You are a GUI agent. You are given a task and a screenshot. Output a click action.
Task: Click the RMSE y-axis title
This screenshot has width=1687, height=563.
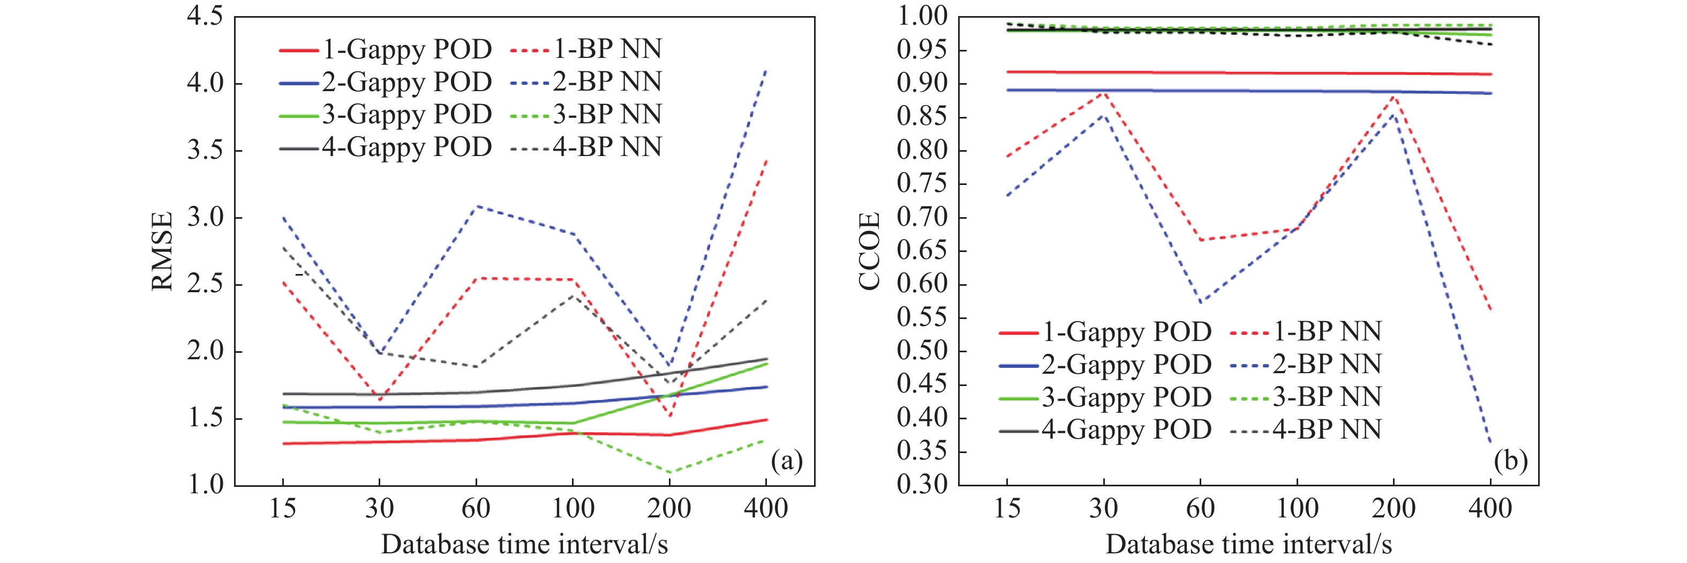pyautogui.click(x=162, y=251)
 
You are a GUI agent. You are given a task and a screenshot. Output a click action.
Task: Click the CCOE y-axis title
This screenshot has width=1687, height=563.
pyautogui.click(x=869, y=251)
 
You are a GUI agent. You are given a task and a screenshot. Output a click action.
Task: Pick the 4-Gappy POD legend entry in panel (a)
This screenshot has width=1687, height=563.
pyautogui.click(x=386, y=147)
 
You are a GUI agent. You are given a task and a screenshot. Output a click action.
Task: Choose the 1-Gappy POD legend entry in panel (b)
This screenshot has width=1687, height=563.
pyautogui.click(x=1105, y=332)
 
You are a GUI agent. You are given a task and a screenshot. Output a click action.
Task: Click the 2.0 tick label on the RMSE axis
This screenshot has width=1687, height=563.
pyautogui.click(x=205, y=351)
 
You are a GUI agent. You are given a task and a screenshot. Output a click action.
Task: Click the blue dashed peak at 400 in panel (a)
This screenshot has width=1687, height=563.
pyautogui.click(x=766, y=70)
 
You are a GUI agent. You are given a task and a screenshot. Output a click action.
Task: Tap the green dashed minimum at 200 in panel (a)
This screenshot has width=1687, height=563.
pyautogui.click(x=670, y=472)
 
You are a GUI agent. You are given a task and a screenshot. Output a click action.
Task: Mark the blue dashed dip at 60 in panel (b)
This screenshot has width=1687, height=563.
pyautogui.click(x=1200, y=303)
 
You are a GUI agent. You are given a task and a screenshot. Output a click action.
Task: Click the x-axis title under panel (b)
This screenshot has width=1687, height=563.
pyautogui.click(x=1249, y=545)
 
